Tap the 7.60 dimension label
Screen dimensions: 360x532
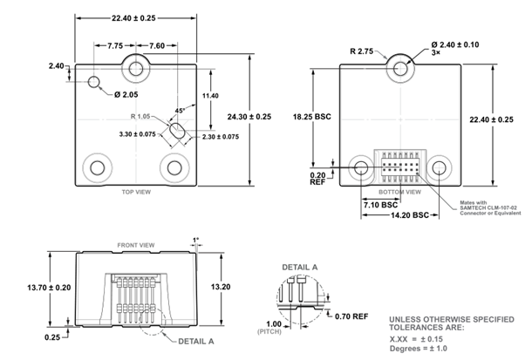(157, 45)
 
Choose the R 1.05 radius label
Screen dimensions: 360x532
(144, 116)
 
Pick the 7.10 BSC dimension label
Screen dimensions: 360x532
(381, 203)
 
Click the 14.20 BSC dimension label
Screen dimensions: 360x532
(409, 214)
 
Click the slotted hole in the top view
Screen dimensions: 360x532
(177, 131)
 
